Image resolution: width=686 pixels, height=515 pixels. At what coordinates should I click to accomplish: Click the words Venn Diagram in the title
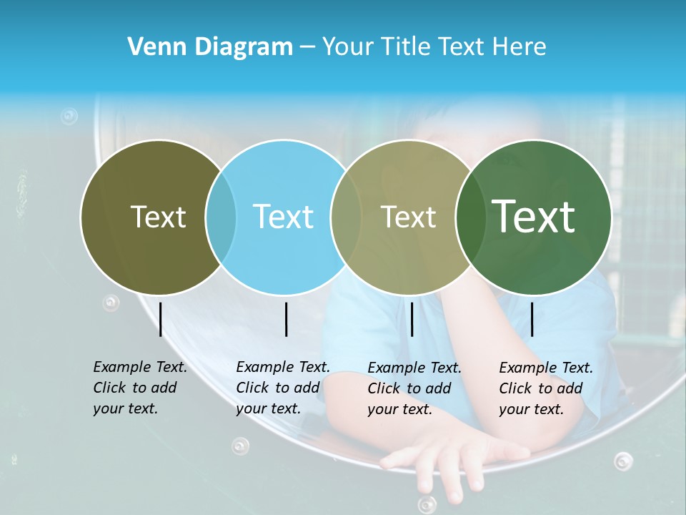tap(210, 47)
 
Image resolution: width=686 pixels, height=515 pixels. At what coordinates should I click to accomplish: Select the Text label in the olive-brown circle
tap(158, 217)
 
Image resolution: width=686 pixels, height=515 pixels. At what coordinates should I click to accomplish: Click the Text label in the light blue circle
tap(283, 217)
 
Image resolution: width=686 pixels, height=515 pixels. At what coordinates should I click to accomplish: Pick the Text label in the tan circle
tap(408, 217)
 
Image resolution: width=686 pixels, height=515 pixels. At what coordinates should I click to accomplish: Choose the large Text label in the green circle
tap(534, 216)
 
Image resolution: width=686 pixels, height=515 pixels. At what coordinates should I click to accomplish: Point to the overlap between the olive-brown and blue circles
tap(221, 217)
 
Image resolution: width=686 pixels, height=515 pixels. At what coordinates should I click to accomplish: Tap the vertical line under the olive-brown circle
tap(160, 319)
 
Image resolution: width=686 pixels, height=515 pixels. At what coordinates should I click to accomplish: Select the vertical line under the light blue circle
tap(286, 319)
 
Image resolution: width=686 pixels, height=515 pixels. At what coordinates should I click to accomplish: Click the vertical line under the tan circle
tap(412, 319)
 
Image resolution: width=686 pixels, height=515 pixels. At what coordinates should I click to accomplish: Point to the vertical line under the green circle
tap(532, 319)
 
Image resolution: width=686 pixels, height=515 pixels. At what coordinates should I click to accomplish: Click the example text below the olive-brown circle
tap(139, 388)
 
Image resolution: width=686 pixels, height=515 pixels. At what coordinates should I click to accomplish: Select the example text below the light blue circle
tap(282, 388)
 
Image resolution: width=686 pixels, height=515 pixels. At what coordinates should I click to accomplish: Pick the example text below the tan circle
tap(414, 388)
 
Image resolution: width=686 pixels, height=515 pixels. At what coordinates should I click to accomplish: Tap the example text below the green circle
tap(545, 388)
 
